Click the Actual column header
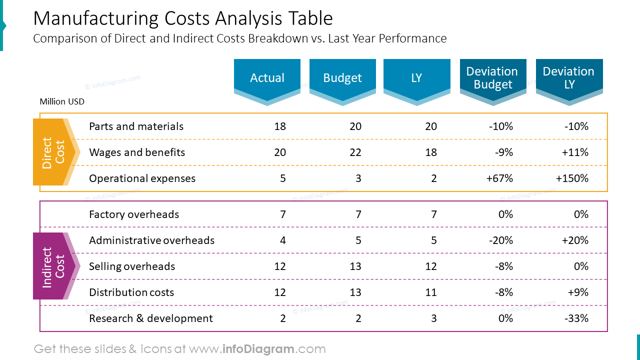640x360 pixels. [267, 78]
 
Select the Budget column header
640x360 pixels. [342, 78]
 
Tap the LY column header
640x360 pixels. [416, 78]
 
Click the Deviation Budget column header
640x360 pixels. [492, 78]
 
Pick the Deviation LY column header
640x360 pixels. [569, 78]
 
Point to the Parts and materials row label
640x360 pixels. [136, 126]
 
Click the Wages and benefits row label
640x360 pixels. [136, 152]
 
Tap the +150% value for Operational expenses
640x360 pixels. [572, 178]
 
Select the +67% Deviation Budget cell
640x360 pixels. [499, 178]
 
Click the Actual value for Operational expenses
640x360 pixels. [282, 178]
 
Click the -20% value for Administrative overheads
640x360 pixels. [500, 240]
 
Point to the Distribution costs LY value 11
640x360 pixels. [430, 292]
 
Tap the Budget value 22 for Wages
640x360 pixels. [355, 152]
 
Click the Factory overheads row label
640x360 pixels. [133, 214]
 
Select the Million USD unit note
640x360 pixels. [62, 102]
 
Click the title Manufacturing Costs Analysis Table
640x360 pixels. [182, 18]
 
